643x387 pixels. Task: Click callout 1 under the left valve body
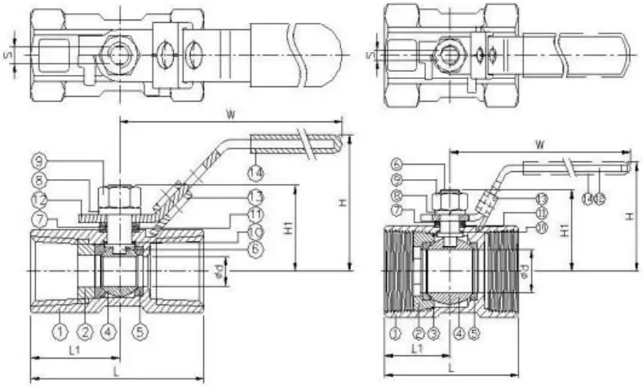tap(60, 332)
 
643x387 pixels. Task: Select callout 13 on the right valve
tap(541, 199)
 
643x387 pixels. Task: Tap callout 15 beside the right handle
tap(601, 196)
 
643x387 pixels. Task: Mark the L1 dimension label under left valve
tap(73, 350)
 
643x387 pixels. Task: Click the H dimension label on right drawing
tap(630, 216)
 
